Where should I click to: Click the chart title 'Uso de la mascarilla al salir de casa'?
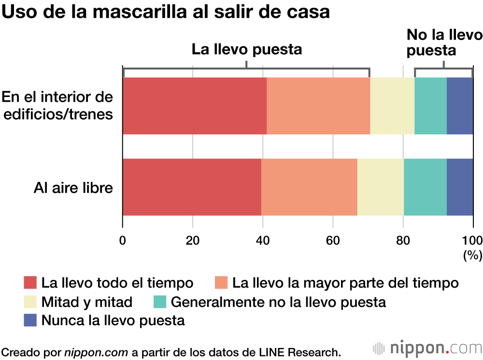[x=166, y=12]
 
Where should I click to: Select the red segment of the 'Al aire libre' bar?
[x=192, y=187]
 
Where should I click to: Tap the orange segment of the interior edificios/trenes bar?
[x=318, y=106]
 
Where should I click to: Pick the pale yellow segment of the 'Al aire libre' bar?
[x=381, y=187]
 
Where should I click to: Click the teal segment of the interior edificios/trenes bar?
[x=430, y=106]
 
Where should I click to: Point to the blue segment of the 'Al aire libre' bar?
[x=460, y=187]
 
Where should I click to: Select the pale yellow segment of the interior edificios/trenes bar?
[x=392, y=106]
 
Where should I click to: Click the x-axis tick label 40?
[x=263, y=240]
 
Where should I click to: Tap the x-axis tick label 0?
[x=123, y=240]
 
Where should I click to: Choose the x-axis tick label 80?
[x=403, y=240]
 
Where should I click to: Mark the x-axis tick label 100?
[x=472, y=240]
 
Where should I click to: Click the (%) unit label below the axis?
[x=472, y=256]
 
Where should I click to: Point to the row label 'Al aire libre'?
[x=73, y=187]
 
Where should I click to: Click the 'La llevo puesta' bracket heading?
[x=247, y=50]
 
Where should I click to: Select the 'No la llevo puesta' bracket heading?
[x=444, y=42]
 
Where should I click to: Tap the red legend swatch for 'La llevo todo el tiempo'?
[x=30, y=282]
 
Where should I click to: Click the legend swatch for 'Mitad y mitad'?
[x=30, y=302]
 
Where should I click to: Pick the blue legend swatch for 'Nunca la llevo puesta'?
[x=30, y=320]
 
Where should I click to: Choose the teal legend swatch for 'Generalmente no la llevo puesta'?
[x=160, y=302]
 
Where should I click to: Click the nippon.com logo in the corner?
[x=428, y=348]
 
